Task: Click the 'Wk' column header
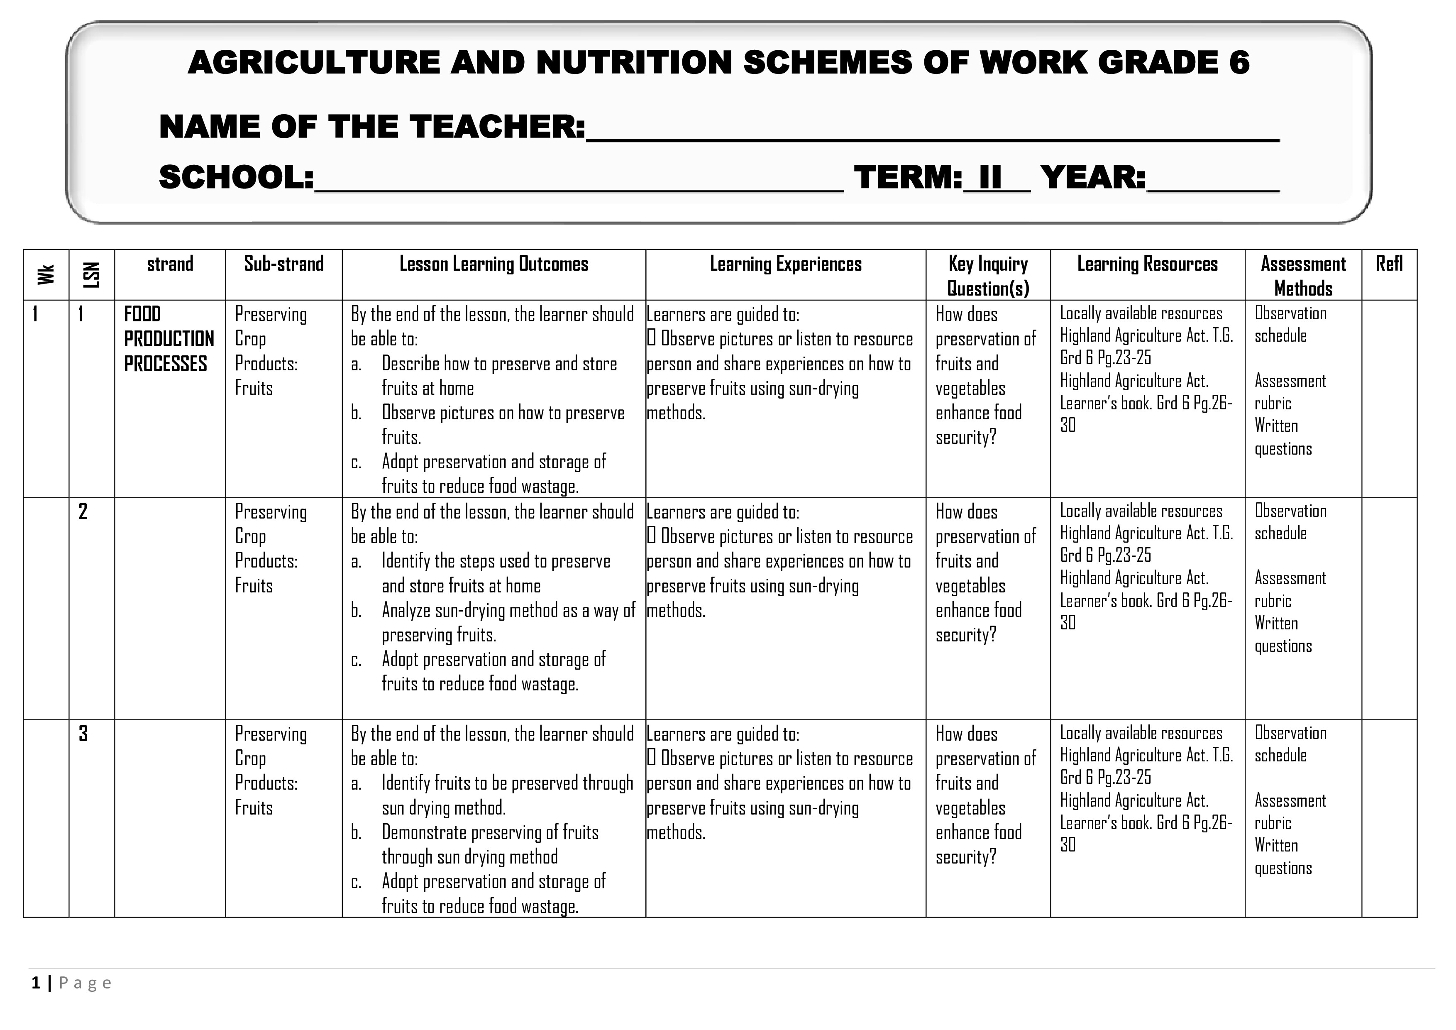click(x=46, y=274)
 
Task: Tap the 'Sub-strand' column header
click(x=283, y=264)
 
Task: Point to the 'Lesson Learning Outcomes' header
click(x=493, y=264)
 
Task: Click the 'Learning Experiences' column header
click(x=785, y=264)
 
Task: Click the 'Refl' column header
click(x=1388, y=264)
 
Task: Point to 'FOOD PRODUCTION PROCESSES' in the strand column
click(x=169, y=339)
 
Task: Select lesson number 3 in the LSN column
click(x=83, y=734)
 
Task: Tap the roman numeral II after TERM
click(x=990, y=178)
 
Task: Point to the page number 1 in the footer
click(x=36, y=983)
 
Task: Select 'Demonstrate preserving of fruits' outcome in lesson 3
click(x=490, y=833)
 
